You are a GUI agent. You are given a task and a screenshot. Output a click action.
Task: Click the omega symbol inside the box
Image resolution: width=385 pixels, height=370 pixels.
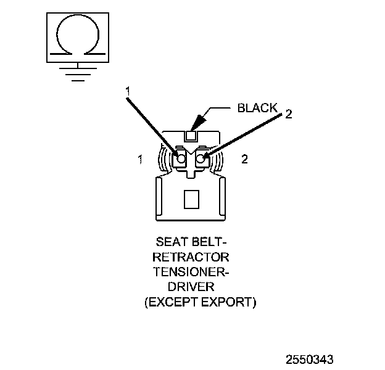(76, 38)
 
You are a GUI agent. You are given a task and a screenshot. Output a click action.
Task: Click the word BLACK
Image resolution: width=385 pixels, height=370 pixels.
(257, 108)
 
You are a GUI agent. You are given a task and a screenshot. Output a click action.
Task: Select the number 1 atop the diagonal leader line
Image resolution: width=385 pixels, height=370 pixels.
(128, 91)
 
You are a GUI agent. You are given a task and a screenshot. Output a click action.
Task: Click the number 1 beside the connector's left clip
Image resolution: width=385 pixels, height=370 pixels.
(141, 159)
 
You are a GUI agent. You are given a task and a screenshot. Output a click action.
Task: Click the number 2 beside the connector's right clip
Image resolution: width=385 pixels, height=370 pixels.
(245, 159)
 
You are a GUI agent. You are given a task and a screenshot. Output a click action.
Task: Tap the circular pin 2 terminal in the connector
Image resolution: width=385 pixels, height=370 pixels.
(202, 159)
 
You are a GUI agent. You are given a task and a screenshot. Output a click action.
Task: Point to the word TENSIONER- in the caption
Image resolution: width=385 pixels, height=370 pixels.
(191, 272)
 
